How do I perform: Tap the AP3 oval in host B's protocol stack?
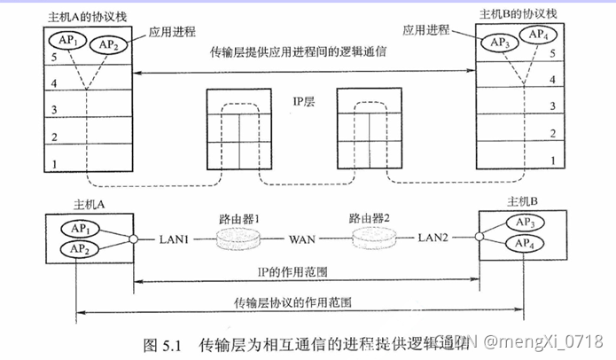coord(502,43)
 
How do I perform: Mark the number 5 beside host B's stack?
coord(553,52)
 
